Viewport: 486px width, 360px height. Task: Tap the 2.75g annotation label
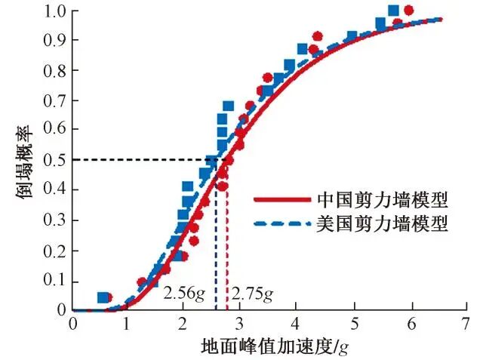[x=251, y=294]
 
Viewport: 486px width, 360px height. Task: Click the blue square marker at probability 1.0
[x=392, y=11]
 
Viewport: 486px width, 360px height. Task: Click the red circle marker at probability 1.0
[x=408, y=11]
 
